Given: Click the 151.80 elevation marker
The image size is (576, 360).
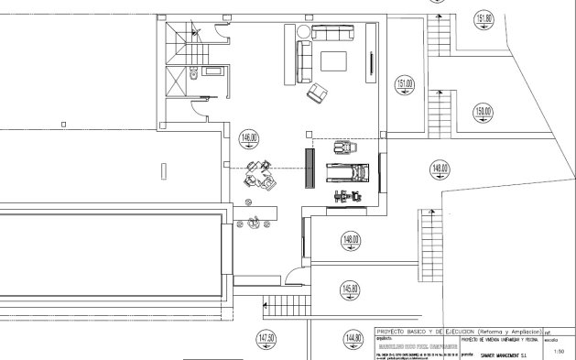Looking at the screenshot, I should (484, 20).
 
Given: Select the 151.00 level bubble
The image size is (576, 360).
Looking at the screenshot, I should (404, 86).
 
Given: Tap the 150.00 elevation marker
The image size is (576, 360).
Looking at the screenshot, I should (484, 113).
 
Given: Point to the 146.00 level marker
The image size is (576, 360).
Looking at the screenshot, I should (247, 140).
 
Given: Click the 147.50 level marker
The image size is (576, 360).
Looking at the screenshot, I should (266, 339).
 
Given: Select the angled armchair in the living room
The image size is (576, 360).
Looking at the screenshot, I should (318, 93).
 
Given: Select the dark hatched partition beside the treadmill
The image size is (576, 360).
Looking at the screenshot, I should (309, 169).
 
